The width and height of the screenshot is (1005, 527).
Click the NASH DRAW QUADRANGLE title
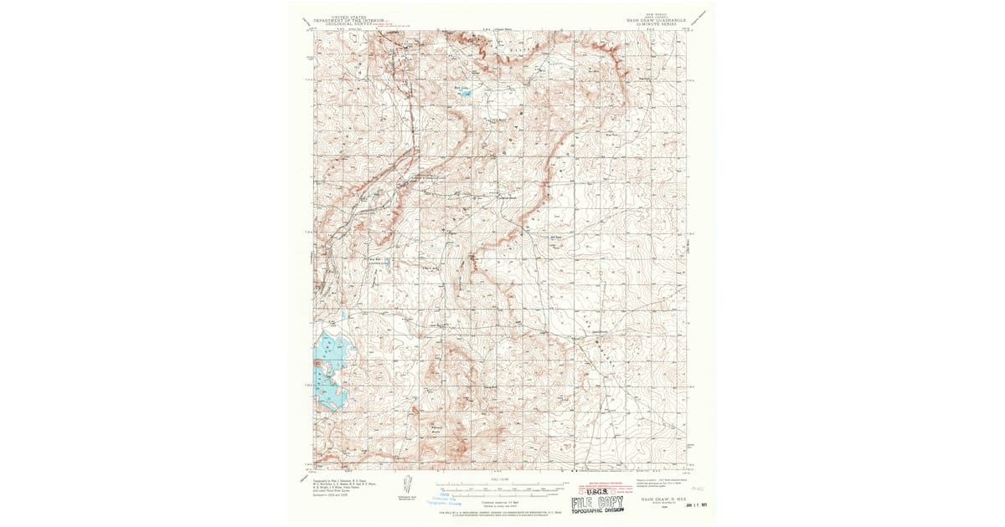point(656,20)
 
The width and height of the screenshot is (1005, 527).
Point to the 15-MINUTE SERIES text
point(656,24)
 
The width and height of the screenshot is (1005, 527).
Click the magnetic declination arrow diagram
point(407,485)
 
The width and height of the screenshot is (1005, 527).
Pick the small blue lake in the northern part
point(463,92)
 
